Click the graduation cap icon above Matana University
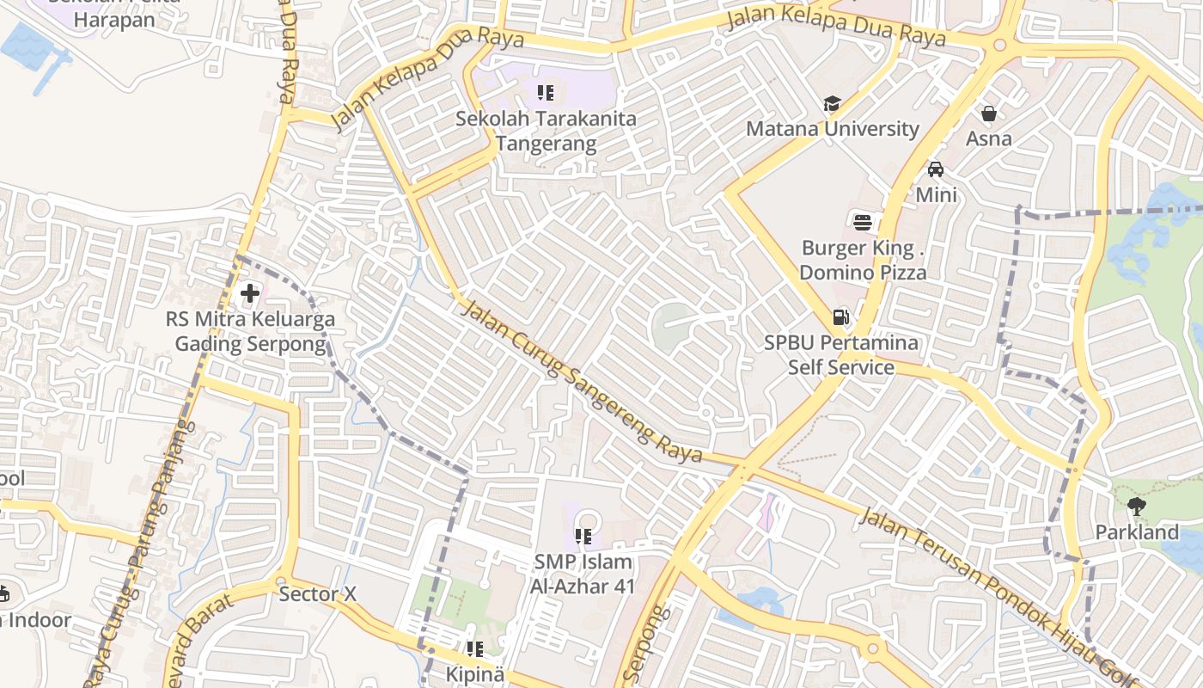(832, 104)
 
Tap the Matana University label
(832, 129)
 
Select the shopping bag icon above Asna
(989, 114)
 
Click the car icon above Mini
(936, 169)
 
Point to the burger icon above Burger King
(863, 223)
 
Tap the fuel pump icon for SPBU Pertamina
(840, 317)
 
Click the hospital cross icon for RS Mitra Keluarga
(249, 294)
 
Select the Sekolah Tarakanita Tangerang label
(546, 131)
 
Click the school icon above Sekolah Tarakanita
(546, 92)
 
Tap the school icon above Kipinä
(474, 649)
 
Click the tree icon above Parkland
(1137, 507)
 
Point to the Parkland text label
(1137, 532)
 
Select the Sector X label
(317, 594)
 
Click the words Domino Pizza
(863, 273)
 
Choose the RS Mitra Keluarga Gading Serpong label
(250, 332)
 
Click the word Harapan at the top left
(114, 20)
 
